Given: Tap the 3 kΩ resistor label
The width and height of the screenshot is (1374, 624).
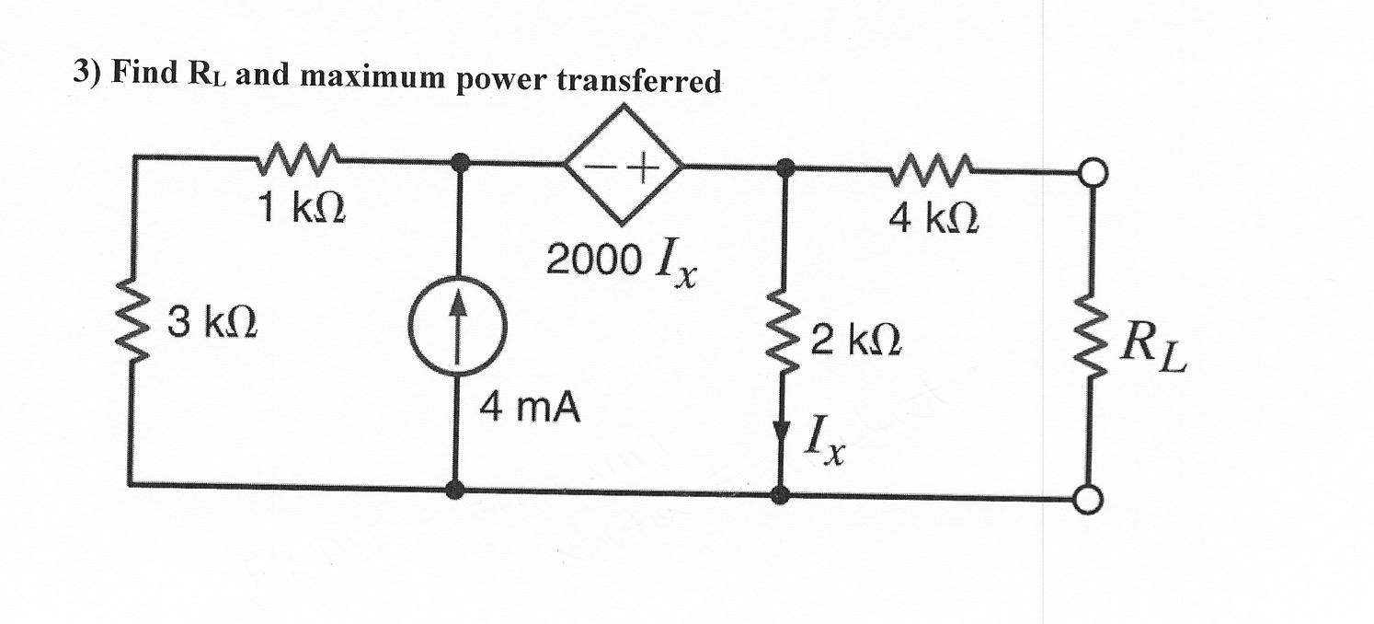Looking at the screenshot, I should [212, 324].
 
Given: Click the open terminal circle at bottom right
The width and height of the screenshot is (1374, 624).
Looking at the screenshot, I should [1090, 499].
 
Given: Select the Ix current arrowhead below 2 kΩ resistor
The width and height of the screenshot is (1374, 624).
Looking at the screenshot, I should [781, 431].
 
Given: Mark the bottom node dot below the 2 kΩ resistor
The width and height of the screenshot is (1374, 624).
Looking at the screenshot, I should [780, 495].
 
